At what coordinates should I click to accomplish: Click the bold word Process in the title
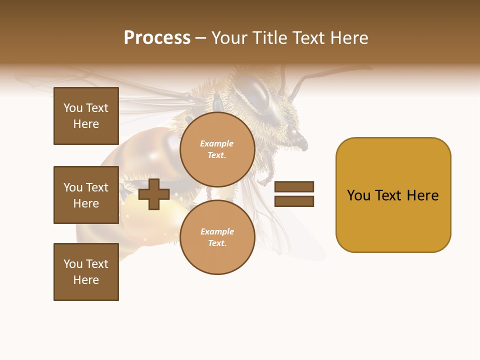(x=157, y=38)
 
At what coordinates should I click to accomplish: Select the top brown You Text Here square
(x=86, y=116)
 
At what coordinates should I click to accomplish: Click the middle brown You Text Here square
(x=86, y=195)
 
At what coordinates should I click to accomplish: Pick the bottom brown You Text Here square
(x=86, y=272)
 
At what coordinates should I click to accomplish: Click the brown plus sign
(x=154, y=194)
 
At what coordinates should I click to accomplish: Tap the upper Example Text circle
(x=217, y=149)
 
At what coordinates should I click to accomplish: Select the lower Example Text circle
(x=217, y=237)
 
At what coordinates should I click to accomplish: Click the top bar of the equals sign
(x=294, y=186)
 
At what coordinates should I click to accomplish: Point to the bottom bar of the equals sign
(x=294, y=201)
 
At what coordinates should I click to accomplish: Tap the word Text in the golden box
(x=389, y=195)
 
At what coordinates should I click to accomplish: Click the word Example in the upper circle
(x=217, y=143)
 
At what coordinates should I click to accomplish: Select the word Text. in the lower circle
(x=217, y=243)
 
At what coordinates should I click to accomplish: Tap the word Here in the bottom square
(x=86, y=280)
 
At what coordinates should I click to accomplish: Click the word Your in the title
(x=229, y=38)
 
